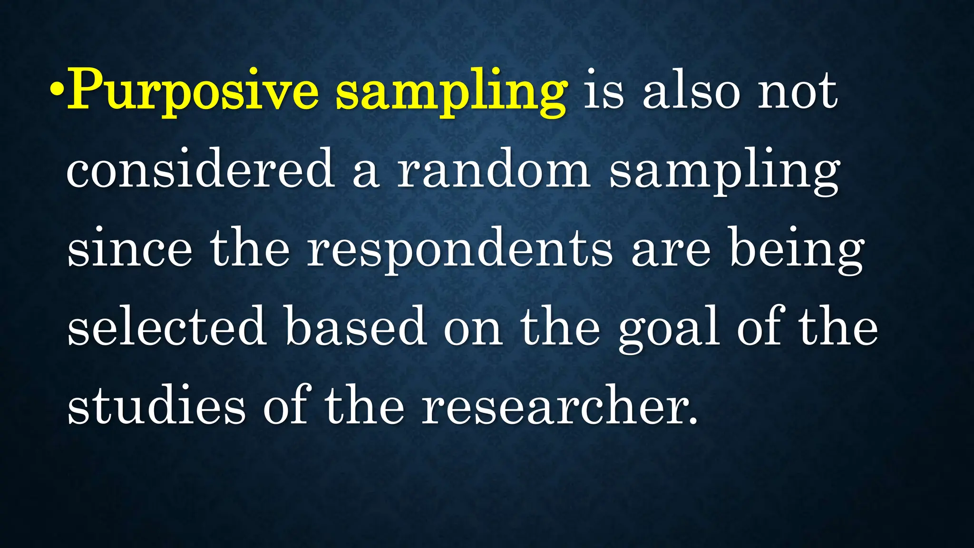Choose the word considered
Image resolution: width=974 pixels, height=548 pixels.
[200, 169]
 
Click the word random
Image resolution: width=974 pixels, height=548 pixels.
[494, 169]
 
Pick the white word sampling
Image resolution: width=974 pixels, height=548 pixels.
[724, 172]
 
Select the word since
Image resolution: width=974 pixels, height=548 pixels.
[130, 249]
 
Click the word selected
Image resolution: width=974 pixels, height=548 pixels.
[166, 327]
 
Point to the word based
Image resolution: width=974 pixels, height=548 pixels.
[355, 327]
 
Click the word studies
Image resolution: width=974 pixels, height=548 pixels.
[156, 405]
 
